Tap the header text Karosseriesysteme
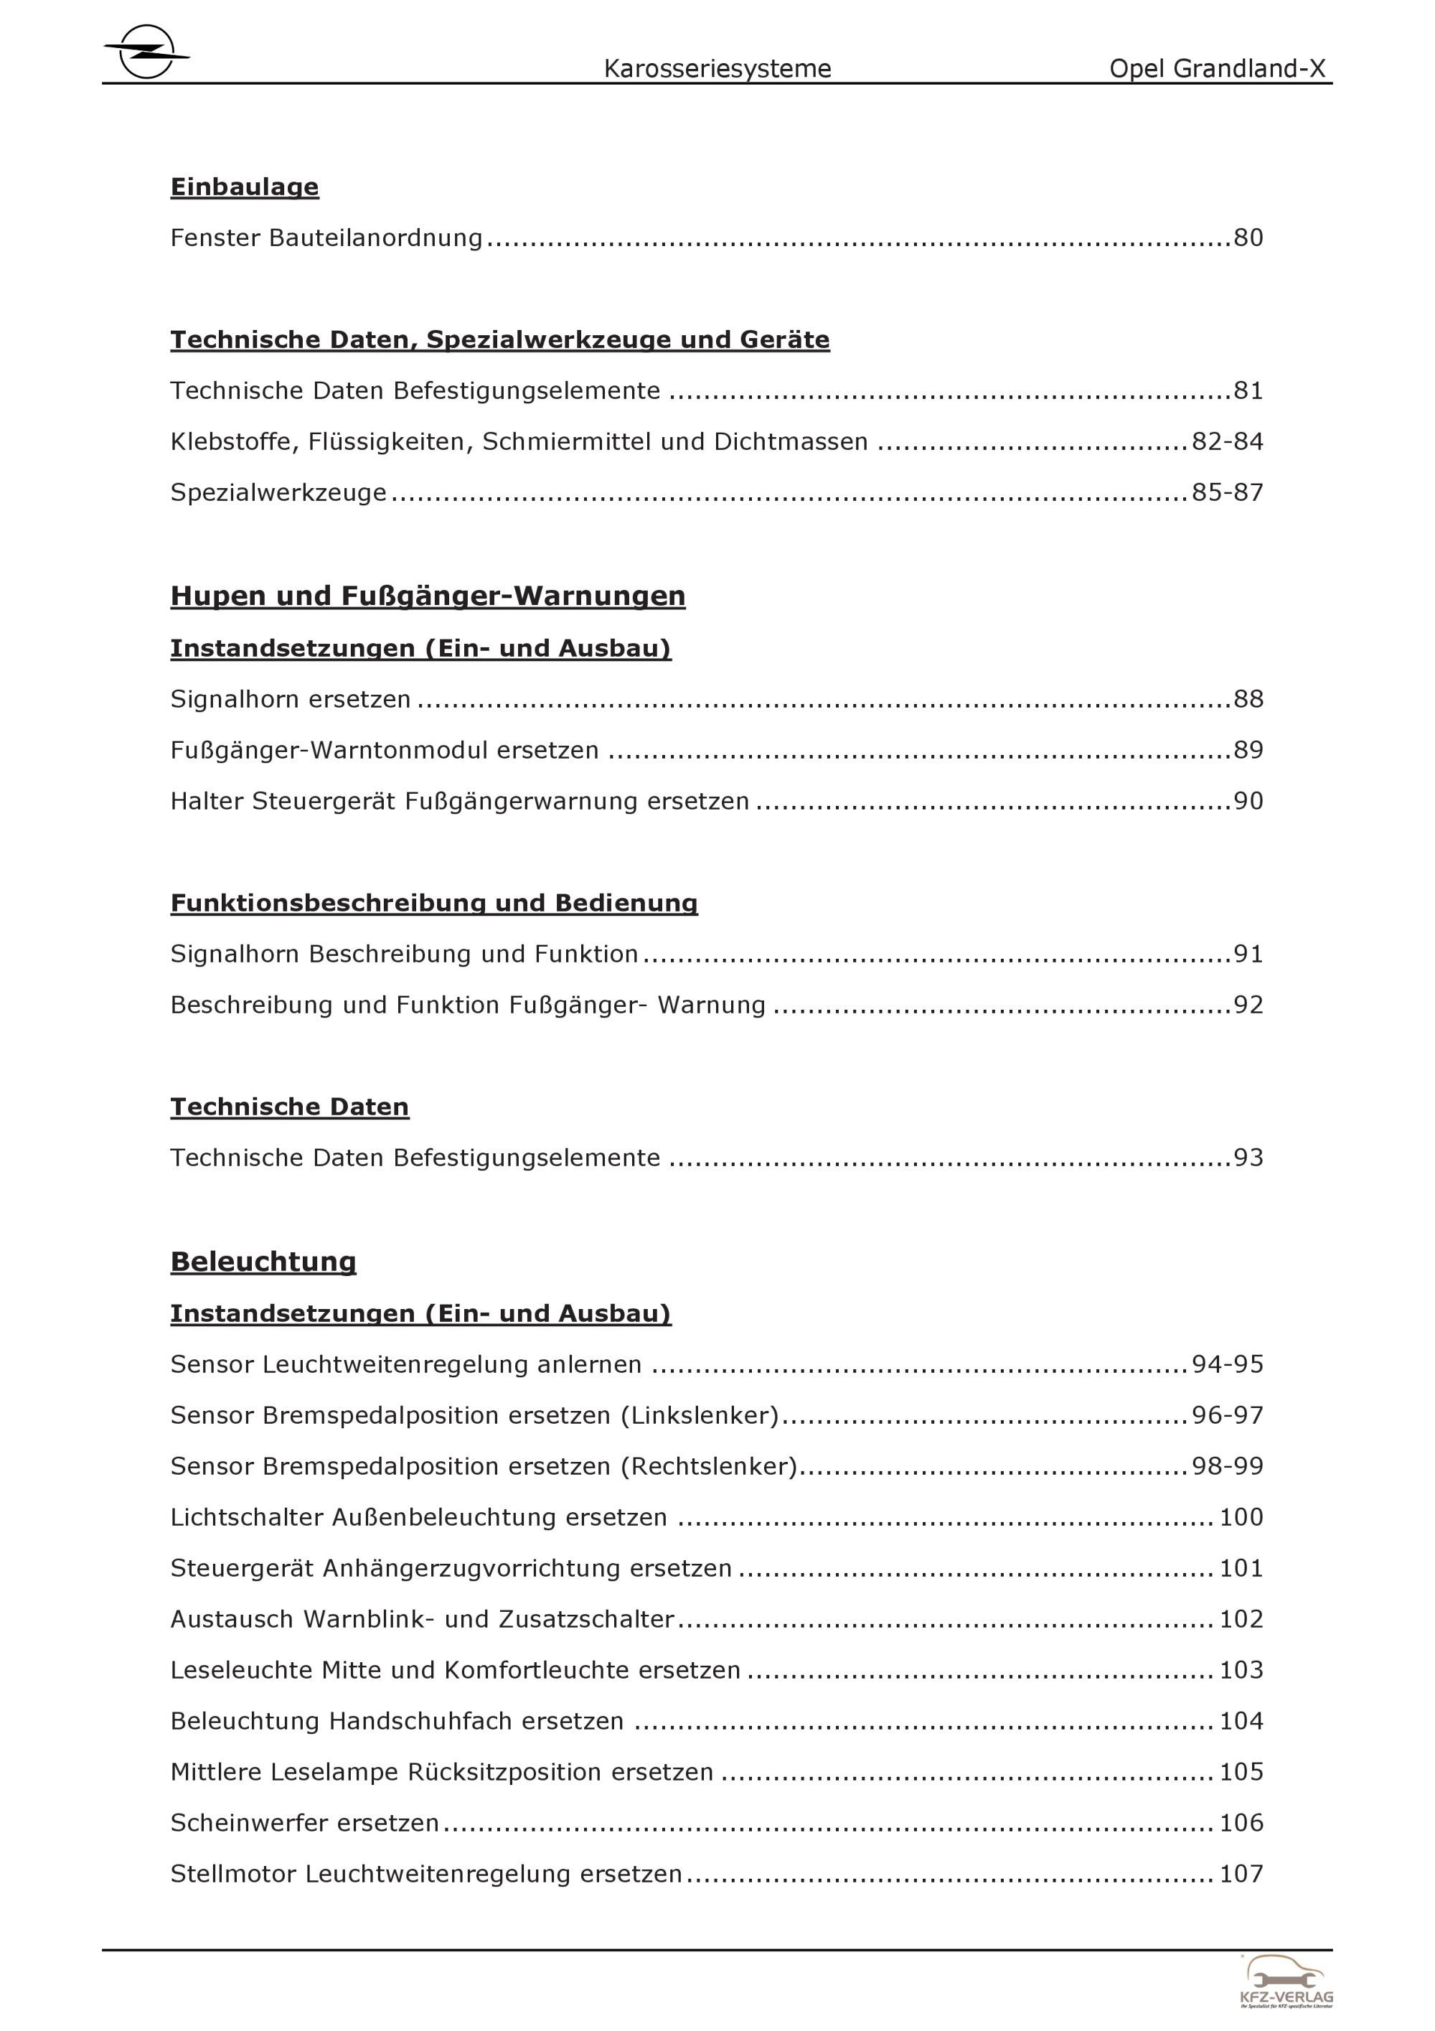717,69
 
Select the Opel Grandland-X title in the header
1218,69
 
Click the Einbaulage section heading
245,187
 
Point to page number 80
1248,238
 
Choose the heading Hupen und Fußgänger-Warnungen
428,596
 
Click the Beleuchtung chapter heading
263,1262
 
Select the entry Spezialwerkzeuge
278,493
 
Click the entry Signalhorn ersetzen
291,699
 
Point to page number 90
1248,802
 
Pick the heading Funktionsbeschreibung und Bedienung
434,903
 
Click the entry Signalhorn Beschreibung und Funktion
404,954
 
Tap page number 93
1248,1158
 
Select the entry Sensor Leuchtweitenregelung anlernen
406,1364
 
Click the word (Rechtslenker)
709,1467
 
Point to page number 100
1241,1517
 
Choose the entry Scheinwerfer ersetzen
305,1823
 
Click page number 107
1241,1874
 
